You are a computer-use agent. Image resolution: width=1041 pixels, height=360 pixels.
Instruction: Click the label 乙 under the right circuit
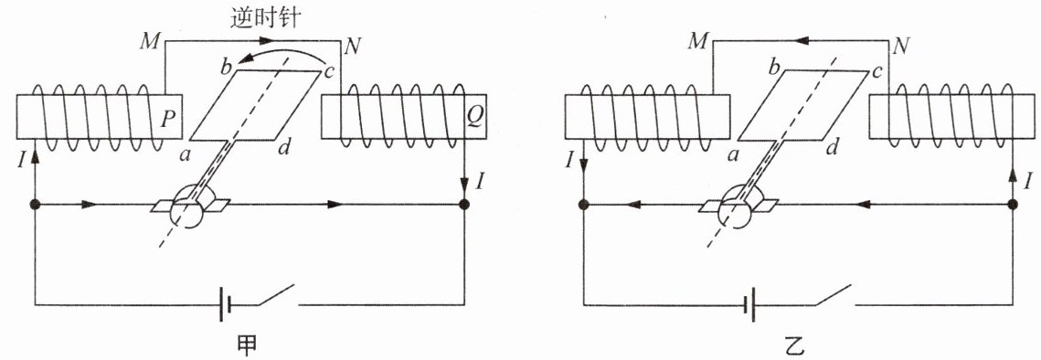point(795,345)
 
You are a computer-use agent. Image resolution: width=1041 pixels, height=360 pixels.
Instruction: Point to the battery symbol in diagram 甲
point(226,305)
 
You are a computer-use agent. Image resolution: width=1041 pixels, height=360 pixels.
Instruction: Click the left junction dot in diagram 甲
point(35,205)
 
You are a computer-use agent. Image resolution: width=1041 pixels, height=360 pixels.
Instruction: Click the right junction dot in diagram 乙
point(1012,205)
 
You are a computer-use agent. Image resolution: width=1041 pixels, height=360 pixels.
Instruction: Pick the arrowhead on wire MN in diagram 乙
point(803,40)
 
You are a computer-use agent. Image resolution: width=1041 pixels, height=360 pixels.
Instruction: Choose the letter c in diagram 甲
point(329,69)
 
